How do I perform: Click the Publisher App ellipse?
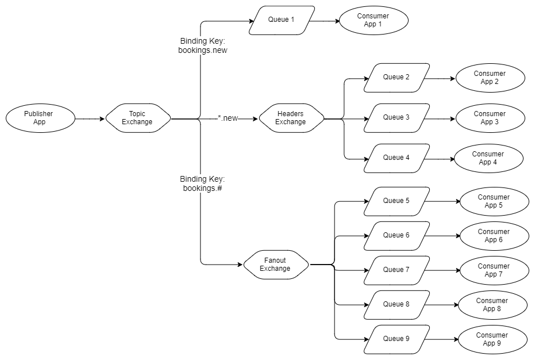tap(40, 118)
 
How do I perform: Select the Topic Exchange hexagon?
tap(138, 118)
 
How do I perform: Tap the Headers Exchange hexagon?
tap(291, 118)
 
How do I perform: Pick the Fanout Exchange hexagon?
tap(276, 265)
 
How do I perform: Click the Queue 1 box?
tap(282, 20)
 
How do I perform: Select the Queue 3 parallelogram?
tap(397, 118)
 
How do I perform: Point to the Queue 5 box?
tap(397, 201)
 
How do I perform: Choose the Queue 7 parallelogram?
tap(397, 270)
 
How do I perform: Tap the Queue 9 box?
tap(397, 339)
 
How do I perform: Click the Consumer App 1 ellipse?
tap(374, 21)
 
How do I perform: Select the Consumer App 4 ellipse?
tap(488, 158)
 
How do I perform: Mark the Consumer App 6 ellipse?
tap(494, 236)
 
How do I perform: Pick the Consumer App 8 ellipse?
tap(492, 305)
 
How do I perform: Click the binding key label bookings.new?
tap(203, 46)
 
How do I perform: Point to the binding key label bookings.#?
tap(202, 184)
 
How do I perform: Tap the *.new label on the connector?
tap(228, 118)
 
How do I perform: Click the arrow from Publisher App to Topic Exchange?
tap(91, 119)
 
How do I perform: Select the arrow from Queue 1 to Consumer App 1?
tap(325, 21)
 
